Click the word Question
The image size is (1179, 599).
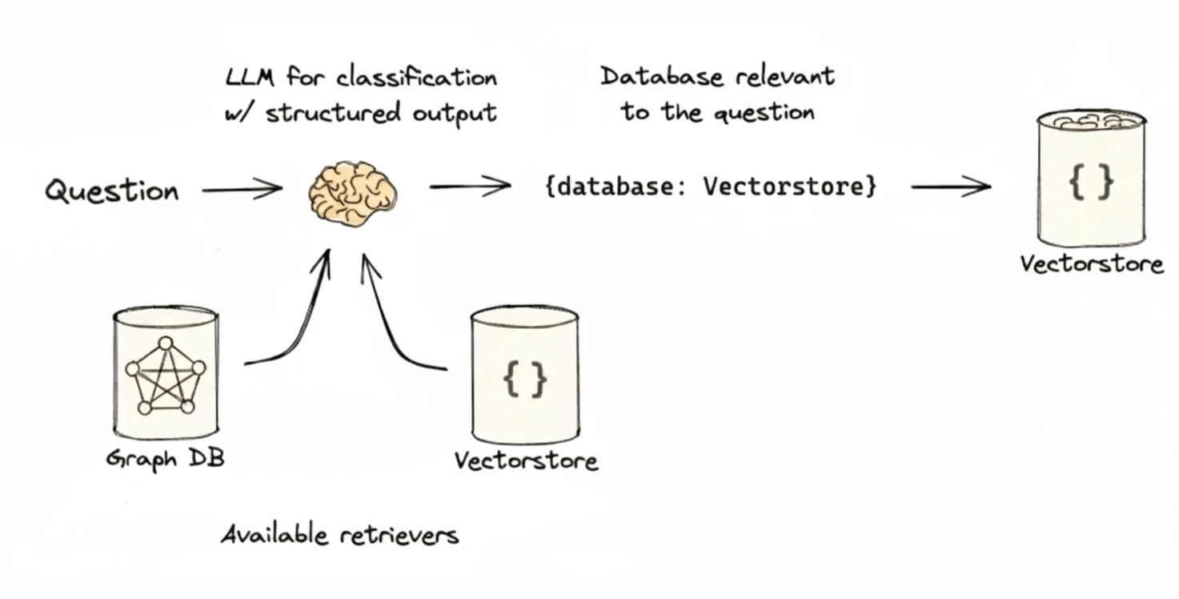pos(111,190)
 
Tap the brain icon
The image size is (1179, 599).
pos(352,193)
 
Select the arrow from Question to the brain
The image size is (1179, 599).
pos(242,189)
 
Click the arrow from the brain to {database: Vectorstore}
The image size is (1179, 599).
pos(470,186)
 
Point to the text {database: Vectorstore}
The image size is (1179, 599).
pos(711,187)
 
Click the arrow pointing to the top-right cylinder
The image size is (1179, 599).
pos(951,187)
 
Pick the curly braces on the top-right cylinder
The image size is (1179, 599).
pos(1091,183)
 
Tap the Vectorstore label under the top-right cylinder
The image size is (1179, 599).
pos(1091,264)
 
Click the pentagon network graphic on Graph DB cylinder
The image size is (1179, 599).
pos(165,376)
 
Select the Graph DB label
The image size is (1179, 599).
pos(165,458)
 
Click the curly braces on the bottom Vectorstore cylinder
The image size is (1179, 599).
pos(525,379)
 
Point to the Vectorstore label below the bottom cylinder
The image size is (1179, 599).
pos(526,461)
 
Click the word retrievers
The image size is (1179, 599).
pos(399,536)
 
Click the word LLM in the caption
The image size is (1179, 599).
pos(250,78)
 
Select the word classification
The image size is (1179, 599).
pos(416,78)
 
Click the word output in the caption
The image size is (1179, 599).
pos(454,114)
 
